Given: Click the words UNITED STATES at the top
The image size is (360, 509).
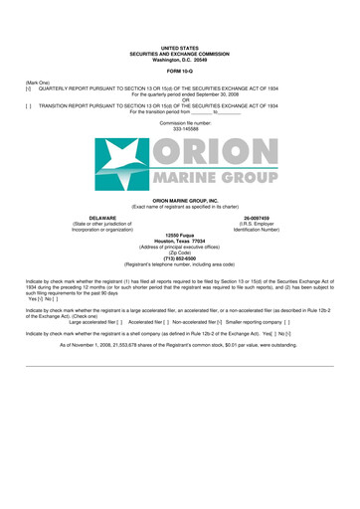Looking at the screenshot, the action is [180, 47].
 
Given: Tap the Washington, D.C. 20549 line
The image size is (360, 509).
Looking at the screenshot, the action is [180, 59].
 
